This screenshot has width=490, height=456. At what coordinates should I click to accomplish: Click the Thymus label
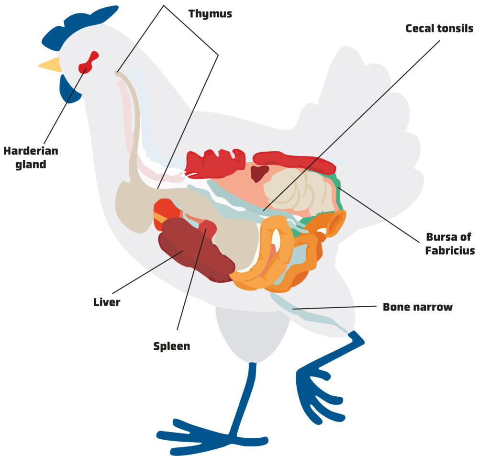click(x=210, y=13)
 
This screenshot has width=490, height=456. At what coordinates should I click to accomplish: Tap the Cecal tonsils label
click(x=439, y=29)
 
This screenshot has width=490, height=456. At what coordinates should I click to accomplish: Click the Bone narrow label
click(x=417, y=307)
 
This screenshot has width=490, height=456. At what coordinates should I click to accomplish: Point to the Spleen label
click(x=171, y=346)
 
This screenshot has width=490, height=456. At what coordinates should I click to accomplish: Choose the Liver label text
click(x=107, y=302)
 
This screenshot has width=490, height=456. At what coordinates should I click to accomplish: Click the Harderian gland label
click(x=31, y=157)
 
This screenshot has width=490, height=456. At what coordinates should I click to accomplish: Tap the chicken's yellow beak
click(x=51, y=65)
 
